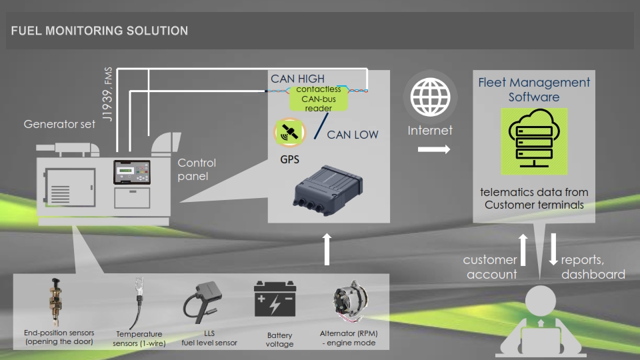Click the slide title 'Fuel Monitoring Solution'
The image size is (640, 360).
[x=99, y=31]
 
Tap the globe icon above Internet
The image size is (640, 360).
[x=430, y=97]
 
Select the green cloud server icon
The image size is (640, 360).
[x=534, y=141]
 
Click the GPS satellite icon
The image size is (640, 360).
[x=289, y=132]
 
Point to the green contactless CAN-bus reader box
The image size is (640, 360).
[x=319, y=99]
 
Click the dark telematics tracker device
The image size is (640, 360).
[x=327, y=190]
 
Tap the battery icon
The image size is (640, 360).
[x=275, y=299]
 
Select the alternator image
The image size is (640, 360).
[x=349, y=301]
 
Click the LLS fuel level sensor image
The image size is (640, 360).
[x=202, y=302]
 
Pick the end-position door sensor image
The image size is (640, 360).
[x=55, y=301]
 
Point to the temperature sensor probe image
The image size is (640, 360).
[x=137, y=303]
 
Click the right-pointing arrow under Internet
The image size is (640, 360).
[x=434, y=149]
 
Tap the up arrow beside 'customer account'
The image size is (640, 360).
[x=523, y=250]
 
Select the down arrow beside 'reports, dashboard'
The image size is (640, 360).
[x=553, y=249]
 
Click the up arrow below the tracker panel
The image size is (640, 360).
[x=327, y=249]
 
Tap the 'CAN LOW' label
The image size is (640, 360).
[x=353, y=135]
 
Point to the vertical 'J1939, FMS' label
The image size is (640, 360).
[x=107, y=94]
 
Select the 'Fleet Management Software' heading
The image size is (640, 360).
[x=534, y=89]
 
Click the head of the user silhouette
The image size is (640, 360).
[x=541, y=301]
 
